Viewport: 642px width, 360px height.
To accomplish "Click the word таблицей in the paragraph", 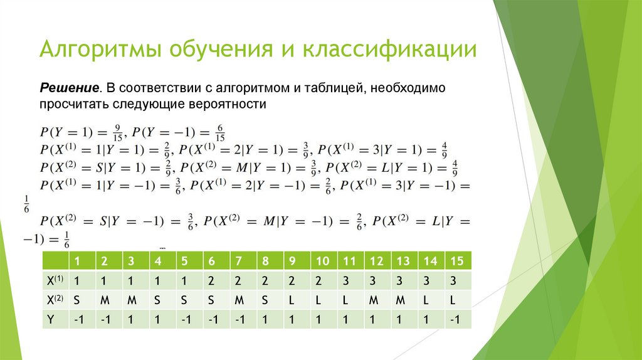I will click(335, 88).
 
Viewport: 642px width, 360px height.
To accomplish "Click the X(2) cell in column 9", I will click(292, 300).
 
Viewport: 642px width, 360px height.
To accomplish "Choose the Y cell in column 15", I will click(456, 320).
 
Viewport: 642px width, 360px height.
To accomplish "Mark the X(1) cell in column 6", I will click(211, 280).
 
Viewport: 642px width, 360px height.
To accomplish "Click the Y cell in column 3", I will click(131, 320).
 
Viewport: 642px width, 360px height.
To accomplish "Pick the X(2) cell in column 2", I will click(104, 300).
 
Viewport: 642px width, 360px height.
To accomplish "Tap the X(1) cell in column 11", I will click(345, 280).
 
